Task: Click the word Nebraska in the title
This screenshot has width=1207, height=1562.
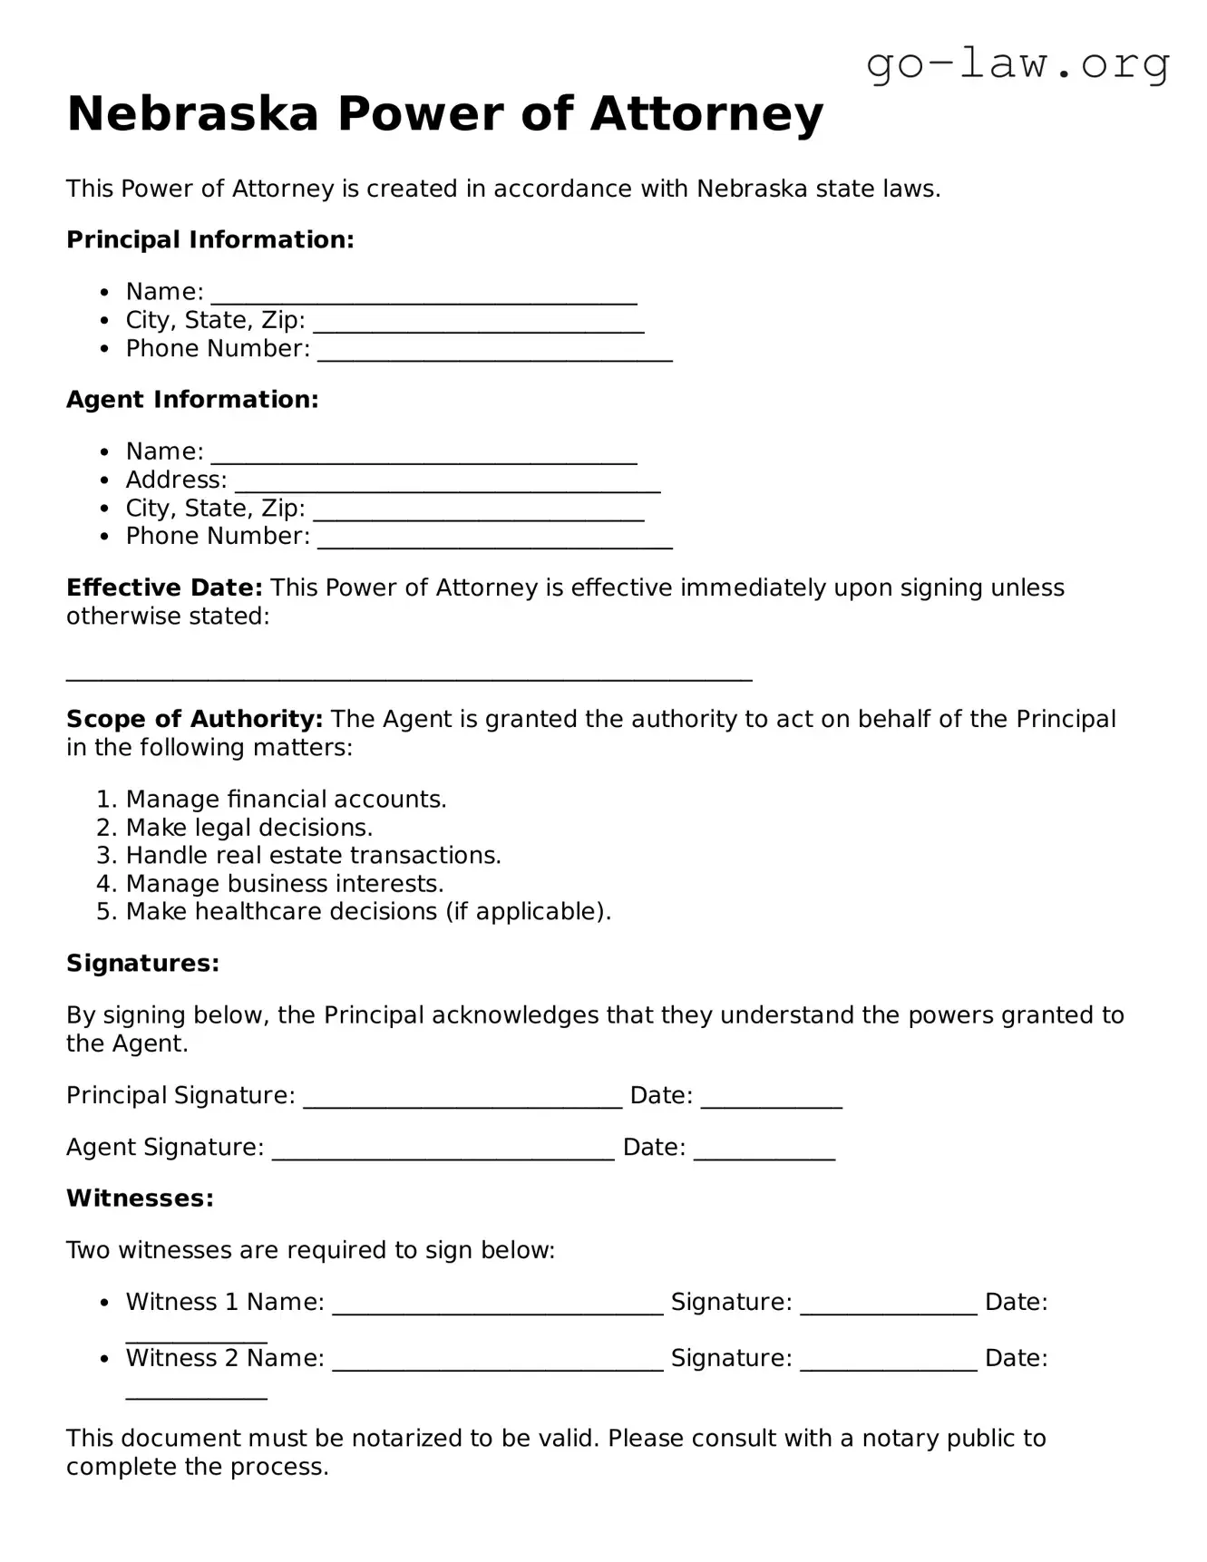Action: pos(192,114)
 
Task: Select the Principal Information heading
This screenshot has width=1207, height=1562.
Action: pos(209,240)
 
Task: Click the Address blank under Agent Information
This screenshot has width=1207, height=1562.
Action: pos(447,483)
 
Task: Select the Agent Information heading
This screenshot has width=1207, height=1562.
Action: pos(192,400)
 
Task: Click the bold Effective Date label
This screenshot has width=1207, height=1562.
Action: pos(164,588)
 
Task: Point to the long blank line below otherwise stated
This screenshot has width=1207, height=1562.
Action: pos(409,675)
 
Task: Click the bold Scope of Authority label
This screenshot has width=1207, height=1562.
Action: pos(194,720)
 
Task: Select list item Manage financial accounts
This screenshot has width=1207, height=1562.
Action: pos(286,800)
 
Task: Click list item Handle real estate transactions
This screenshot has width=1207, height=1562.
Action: pos(313,856)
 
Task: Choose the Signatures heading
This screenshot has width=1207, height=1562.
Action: pos(142,964)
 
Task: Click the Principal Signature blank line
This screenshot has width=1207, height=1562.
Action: pos(462,1100)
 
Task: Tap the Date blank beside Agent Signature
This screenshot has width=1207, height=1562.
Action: pos(764,1151)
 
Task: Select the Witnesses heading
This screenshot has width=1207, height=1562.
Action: pos(140,1198)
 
